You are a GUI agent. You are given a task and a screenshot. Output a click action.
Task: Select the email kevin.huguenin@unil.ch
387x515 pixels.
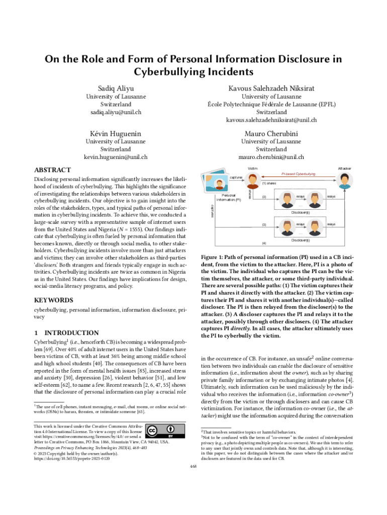(116, 157)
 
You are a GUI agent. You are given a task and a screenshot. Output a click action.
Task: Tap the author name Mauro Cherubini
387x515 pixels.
(271, 134)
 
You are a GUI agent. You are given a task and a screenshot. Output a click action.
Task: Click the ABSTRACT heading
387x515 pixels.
(52, 170)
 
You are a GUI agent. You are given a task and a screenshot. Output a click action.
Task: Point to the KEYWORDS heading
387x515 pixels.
(53, 300)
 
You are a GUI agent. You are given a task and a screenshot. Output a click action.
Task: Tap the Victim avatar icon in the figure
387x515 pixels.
(253, 179)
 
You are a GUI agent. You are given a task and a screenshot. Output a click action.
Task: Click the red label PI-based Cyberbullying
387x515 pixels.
(298, 174)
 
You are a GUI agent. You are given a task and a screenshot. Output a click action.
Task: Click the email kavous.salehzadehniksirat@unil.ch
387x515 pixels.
(271, 120)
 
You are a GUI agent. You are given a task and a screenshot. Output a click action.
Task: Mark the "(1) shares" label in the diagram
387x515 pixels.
(269, 184)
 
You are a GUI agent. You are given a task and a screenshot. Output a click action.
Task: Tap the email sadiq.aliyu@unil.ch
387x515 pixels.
(116, 111)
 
